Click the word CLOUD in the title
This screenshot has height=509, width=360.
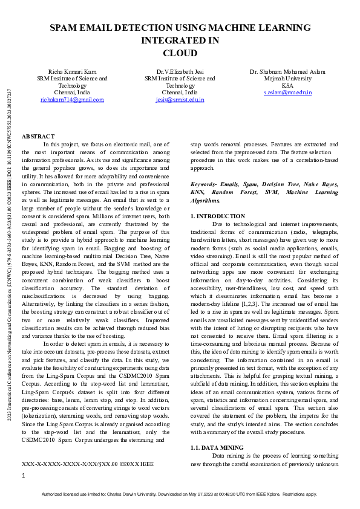tap(180, 53)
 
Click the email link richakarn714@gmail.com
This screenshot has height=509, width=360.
tap(72, 100)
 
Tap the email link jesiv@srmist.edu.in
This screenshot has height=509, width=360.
tap(180, 100)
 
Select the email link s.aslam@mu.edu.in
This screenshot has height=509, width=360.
tap(287, 92)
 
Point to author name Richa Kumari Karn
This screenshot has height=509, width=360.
tap(72, 71)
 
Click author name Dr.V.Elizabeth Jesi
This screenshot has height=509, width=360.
tap(180, 71)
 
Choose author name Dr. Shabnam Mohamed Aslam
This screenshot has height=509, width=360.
tap(287, 71)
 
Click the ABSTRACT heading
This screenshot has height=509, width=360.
tap(38, 137)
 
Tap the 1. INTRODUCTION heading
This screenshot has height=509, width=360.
tap(217, 216)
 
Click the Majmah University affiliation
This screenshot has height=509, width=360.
tap(287, 79)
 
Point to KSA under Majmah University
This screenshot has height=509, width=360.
tap(287, 86)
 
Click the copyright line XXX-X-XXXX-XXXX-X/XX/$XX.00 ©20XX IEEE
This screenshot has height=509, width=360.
tap(88, 464)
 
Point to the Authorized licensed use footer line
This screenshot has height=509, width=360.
tap(180, 494)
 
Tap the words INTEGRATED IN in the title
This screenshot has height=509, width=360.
tap(180, 41)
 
